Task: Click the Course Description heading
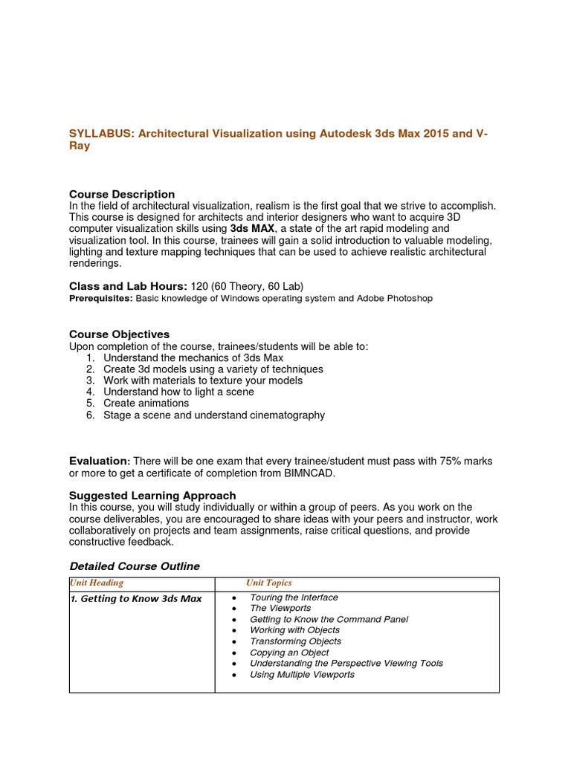122,194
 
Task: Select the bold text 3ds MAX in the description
252,229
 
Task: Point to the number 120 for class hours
199,286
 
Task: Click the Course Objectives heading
119,334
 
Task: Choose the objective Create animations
146,404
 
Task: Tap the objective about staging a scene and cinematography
213,415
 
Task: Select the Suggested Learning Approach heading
152,495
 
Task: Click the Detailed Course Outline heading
134,566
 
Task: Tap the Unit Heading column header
97,583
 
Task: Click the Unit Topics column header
269,583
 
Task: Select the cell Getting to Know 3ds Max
135,598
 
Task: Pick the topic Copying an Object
289,652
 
